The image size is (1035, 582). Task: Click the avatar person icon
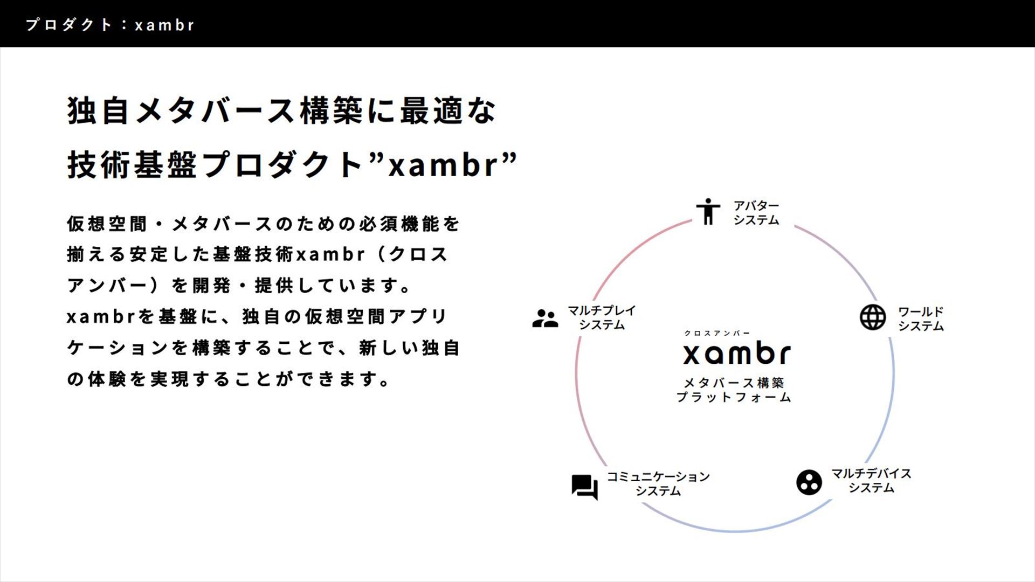pos(708,211)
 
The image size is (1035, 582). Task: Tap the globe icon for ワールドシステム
pos(872,317)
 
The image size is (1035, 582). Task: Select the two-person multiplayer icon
pos(545,318)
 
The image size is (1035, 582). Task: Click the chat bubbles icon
pos(585,487)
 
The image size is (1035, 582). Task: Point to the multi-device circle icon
pos(809,482)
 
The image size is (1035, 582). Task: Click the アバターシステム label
pos(756,212)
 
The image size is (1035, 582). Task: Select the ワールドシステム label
pos(921,318)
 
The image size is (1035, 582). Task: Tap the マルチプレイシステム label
pos(602,317)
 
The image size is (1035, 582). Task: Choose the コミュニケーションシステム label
pos(658,483)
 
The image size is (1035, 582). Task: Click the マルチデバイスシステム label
pos(871,480)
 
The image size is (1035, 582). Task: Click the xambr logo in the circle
pos(736,354)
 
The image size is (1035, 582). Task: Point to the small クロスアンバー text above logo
pos(716,333)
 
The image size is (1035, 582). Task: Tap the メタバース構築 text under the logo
pos(734,383)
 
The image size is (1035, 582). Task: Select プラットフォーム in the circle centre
pos(734,398)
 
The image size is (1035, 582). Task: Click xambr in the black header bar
pos(164,25)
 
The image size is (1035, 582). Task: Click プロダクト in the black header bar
pos(68,25)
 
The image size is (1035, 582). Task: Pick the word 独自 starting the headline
pos(98,111)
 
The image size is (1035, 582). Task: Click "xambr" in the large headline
pos(443,165)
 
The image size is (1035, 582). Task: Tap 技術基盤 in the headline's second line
pos(132,165)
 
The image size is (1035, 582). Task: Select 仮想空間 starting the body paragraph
pos(107,224)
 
